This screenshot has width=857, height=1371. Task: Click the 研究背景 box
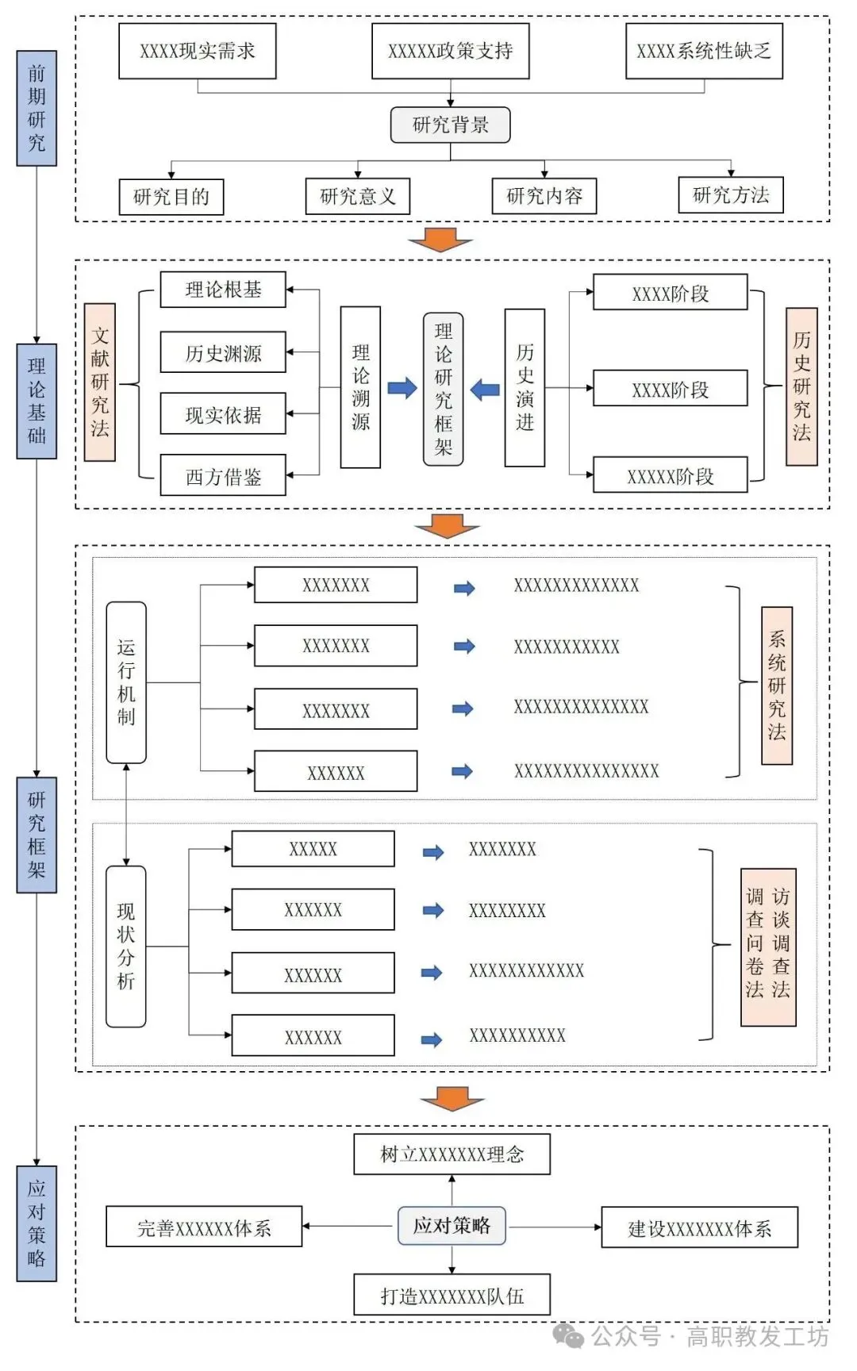click(x=450, y=125)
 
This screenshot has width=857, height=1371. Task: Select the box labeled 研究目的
click(x=171, y=196)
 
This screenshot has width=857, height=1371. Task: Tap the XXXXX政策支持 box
click(x=450, y=51)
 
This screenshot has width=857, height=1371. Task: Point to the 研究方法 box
click(x=730, y=195)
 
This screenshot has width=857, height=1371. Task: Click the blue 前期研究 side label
click(x=37, y=109)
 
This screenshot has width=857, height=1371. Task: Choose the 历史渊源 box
click(x=223, y=352)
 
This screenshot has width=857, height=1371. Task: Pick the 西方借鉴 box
click(x=223, y=476)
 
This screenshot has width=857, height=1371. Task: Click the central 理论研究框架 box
click(x=443, y=389)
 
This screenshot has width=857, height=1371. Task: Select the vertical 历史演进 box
click(x=525, y=387)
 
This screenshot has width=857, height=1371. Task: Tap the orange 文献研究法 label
click(x=100, y=382)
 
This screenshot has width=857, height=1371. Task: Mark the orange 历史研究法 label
click(x=801, y=386)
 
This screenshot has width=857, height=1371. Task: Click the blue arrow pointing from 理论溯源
click(x=402, y=389)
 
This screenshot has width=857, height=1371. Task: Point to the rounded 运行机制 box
click(x=126, y=682)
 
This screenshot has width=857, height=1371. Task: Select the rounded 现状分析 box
click(x=126, y=947)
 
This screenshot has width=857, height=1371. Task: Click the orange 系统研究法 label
click(x=777, y=685)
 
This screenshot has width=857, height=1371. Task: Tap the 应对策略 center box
click(x=452, y=1226)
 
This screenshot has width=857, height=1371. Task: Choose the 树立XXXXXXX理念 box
click(x=452, y=1154)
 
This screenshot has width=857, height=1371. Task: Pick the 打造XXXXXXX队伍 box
click(x=452, y=1296)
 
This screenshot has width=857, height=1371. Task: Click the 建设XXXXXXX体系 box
click(x=699, y=1228)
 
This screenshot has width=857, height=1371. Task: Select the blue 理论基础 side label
click(x=37, y=401)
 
